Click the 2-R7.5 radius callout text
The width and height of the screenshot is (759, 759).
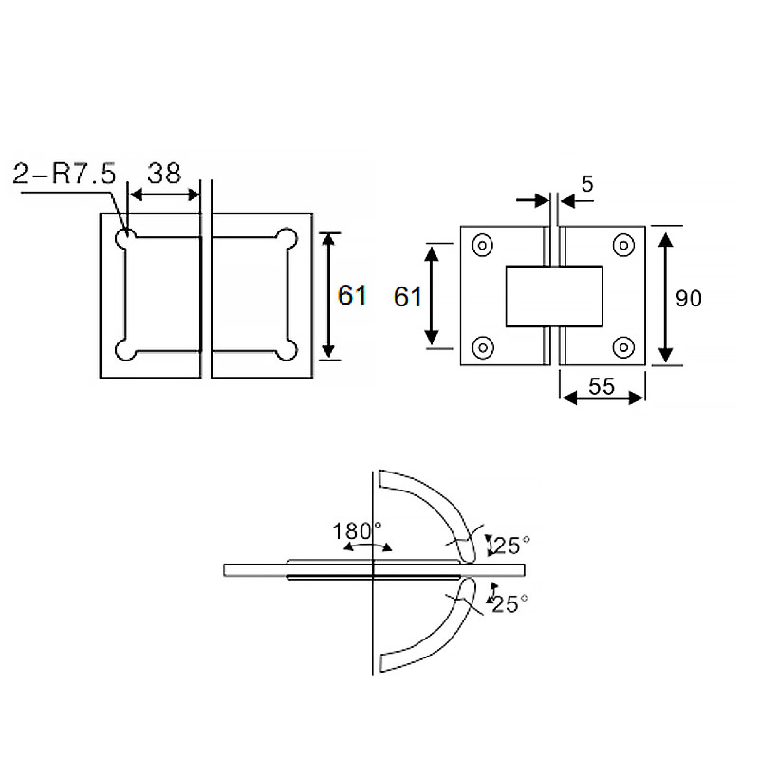point(65,174)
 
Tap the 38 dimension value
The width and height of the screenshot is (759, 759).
point(164,174)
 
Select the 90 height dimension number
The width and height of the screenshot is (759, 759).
point(689,299)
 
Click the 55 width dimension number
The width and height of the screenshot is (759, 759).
point(602,386)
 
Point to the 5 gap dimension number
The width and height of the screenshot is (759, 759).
point(587,184)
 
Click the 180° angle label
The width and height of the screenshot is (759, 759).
point(357,531)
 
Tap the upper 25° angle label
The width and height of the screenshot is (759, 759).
point(509,546)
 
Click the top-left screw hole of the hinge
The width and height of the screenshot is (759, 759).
point(482,246)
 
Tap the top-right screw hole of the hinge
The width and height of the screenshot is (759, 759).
point(623,246)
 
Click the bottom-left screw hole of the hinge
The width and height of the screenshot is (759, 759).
point(482,347)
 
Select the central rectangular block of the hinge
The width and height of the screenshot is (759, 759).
point(554,296)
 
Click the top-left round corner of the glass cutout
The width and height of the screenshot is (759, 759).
point(125,239)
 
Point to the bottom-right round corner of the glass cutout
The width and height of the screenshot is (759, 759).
point(287,350)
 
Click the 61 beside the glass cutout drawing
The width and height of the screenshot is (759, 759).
point(352,295)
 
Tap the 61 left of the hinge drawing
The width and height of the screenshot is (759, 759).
point(408,297)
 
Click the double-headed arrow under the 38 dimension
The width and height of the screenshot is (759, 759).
point(164,195)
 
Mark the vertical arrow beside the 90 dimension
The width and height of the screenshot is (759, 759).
point(666,298)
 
